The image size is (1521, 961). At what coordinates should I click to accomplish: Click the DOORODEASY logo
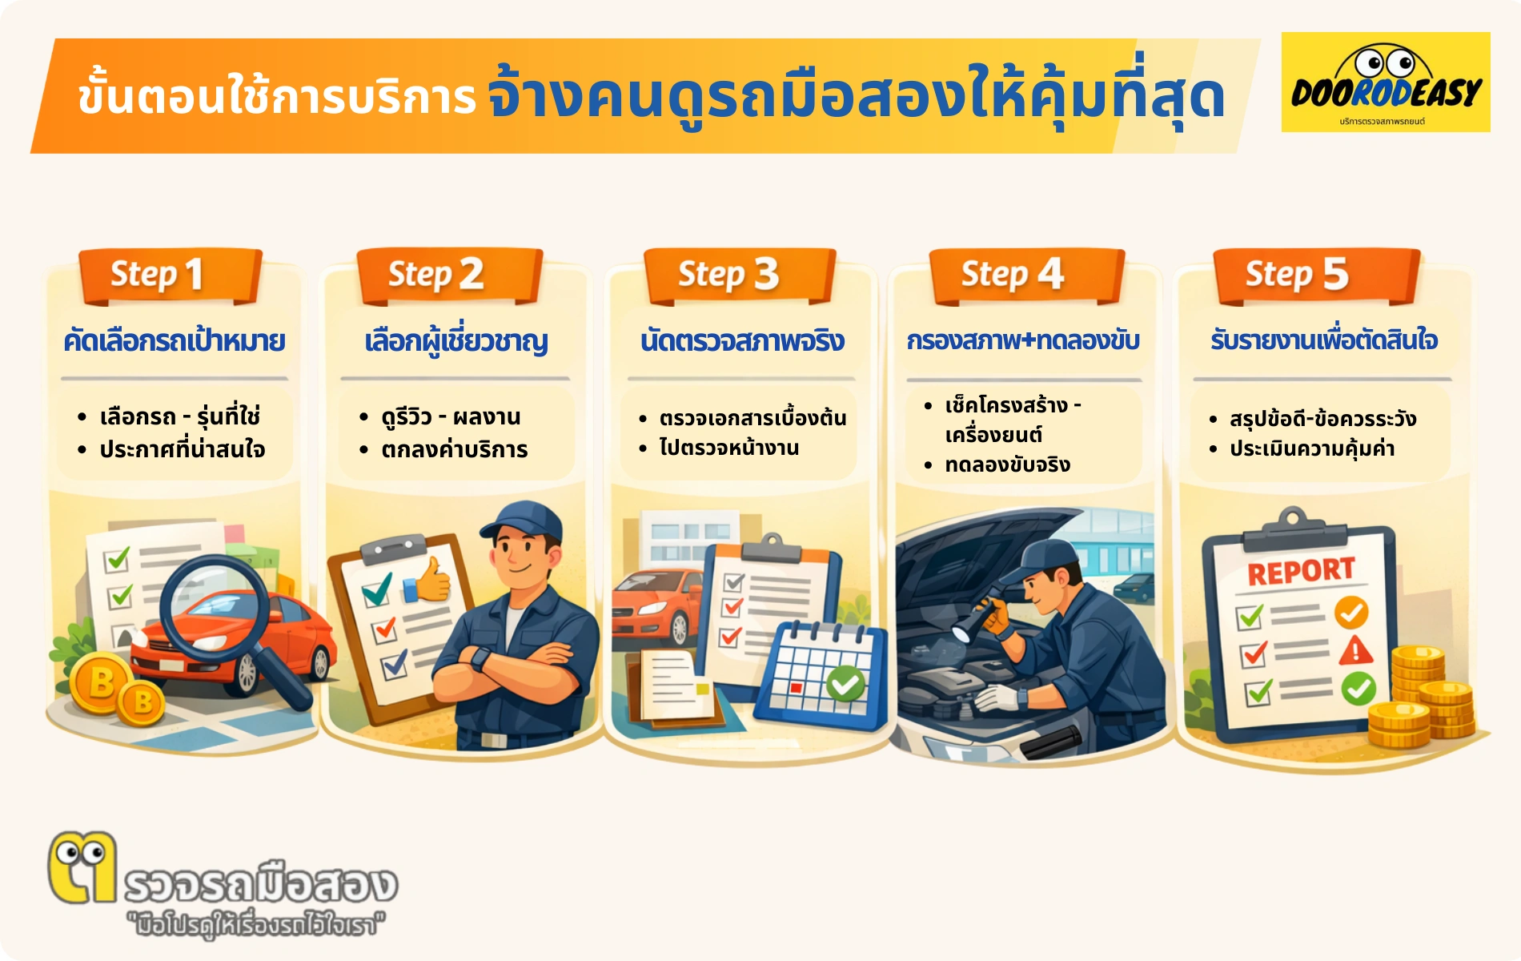click(1385, 82)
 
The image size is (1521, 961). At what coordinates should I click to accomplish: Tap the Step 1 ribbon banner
click(170, 275)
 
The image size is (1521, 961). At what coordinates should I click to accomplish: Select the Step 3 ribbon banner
click(739, 275)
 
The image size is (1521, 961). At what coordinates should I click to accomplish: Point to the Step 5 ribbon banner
click(1316, 275)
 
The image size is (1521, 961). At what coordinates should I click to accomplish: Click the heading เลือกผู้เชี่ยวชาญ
click(455, 342)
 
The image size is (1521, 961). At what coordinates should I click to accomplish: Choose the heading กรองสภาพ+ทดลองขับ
click(1023, 341)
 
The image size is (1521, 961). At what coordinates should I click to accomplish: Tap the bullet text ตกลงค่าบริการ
click(454, 450)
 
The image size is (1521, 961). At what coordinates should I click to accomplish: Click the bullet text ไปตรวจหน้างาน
click(728, 448)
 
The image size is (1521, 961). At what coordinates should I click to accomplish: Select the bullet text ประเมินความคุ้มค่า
click(1312, 448)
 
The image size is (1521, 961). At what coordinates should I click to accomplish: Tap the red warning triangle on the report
click(1355, 649)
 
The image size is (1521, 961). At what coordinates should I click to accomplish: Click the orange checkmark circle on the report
click(1351, 613)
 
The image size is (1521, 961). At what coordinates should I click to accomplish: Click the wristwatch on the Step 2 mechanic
click(480, 659)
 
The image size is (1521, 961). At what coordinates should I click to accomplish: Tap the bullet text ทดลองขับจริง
click(1007, 465)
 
